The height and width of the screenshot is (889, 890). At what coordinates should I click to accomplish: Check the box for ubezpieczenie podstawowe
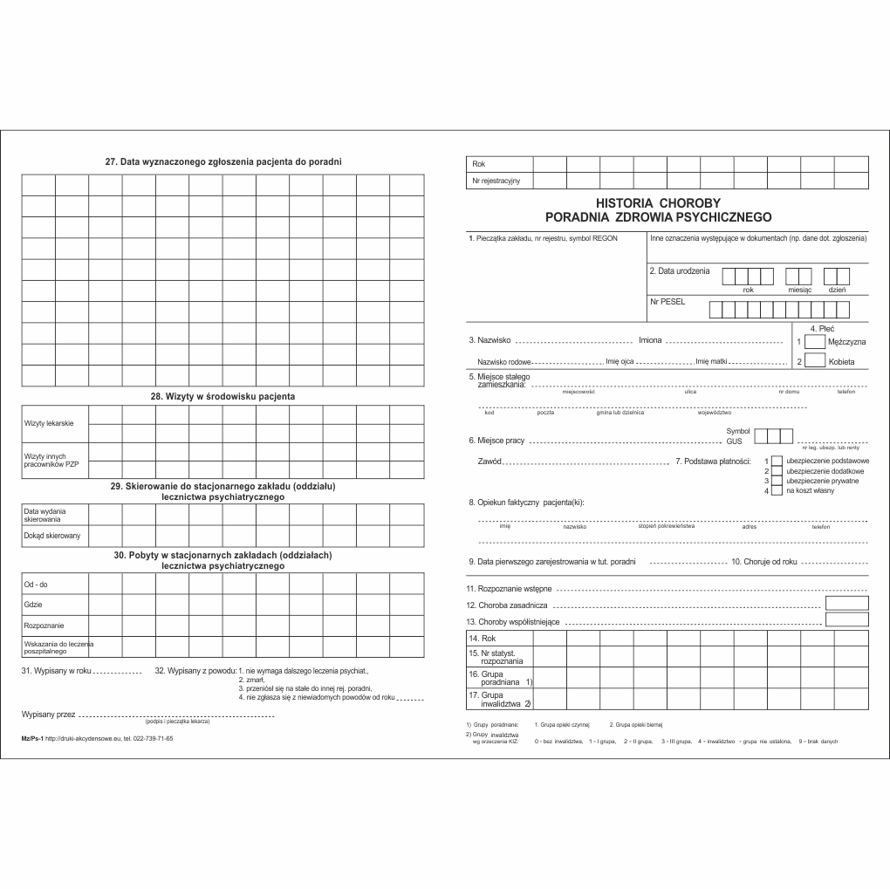[x=777, y=460]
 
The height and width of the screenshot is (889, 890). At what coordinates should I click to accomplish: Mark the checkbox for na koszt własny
[x=777, y=491]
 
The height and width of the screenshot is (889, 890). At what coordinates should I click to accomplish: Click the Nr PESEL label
[x=667, y=302]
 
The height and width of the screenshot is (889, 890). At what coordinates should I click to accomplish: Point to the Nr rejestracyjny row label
[x=496, y=181]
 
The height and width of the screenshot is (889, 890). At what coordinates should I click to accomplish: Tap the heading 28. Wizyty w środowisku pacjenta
[x=222, y=396]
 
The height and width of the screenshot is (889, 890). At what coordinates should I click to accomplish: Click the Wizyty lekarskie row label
[x=50, y=423]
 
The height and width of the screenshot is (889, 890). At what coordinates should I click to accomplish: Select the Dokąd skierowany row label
[x=52, y=536]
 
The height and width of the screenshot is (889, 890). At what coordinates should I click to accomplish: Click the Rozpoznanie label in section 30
[x=44, y=626]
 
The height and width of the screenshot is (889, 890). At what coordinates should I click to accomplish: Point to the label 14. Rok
[x=483, y=639]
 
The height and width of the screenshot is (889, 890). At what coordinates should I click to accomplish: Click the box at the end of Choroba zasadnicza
[x=846, y=603]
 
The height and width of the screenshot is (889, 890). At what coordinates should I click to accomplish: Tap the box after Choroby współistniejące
[x=846, y=619]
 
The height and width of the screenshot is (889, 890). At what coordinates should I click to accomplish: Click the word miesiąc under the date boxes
[x=799, y=290]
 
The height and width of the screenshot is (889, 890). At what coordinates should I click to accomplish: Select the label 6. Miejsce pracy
[x=496, y=441]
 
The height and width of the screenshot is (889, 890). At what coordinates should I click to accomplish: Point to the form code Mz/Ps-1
[x=31, y=738]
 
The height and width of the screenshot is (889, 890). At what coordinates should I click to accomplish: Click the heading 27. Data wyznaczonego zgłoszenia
[x=222, y=161]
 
